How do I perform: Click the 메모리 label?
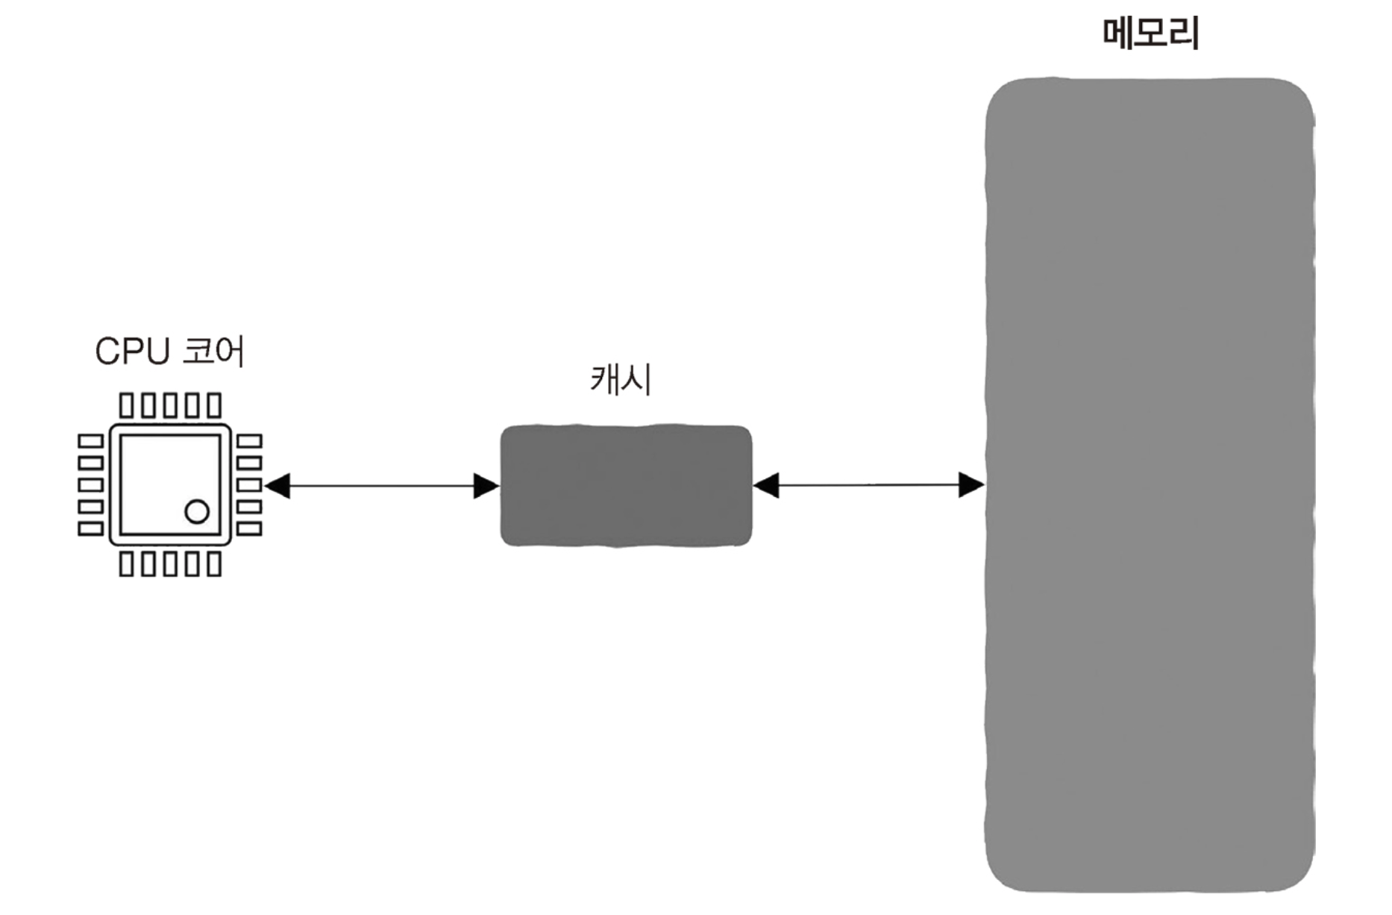1150,34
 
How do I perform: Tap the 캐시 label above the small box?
621,380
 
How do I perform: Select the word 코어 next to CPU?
213,352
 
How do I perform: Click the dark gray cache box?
625,486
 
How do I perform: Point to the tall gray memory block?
1150,485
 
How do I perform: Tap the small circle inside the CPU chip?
197,512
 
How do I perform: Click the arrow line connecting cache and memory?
868,485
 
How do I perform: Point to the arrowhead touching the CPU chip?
278,486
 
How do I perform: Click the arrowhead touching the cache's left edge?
486,486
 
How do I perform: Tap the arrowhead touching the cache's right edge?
766,485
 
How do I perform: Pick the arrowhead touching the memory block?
971,485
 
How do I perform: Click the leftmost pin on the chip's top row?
127,405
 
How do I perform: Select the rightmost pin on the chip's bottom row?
215,564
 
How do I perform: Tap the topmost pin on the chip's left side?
90,441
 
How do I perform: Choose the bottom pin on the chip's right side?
249,529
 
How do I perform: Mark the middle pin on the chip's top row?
171,405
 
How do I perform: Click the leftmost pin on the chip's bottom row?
127,564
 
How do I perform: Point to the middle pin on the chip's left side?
90,485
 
